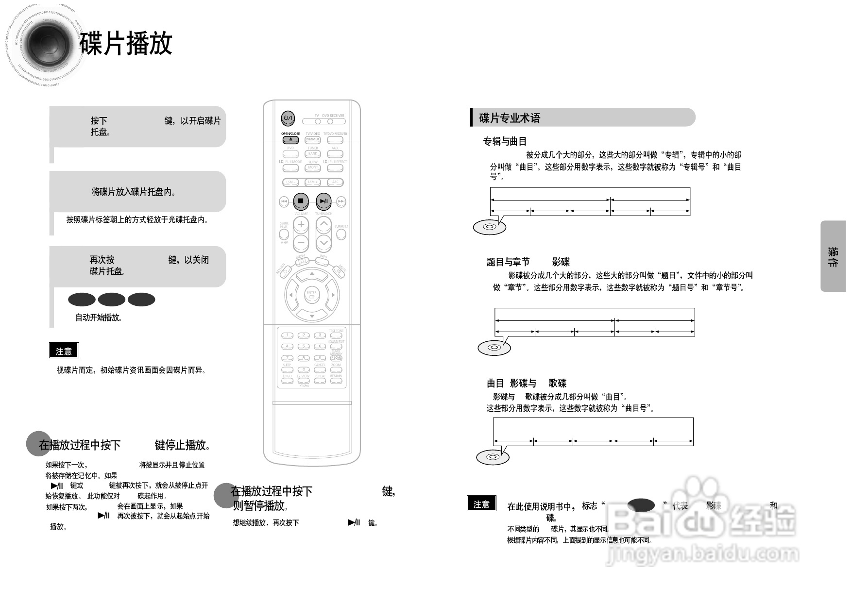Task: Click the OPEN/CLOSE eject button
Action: point(290,140)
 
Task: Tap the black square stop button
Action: point(301,201)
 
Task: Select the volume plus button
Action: point(301,224)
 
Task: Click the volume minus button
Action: point(301,242)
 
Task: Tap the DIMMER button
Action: point(312,140)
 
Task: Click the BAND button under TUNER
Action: point(312,154)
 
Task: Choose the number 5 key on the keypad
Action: point(304,347)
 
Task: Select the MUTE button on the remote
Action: point(340,271)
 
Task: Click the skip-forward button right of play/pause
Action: point(341,201)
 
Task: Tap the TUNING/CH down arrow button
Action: point(324,242)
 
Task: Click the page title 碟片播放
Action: point(126,44)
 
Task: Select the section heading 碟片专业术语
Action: point(510,118)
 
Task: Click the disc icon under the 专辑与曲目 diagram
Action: point(490,227)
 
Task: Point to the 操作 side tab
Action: point(833,256)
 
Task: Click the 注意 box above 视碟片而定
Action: point(64,351)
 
